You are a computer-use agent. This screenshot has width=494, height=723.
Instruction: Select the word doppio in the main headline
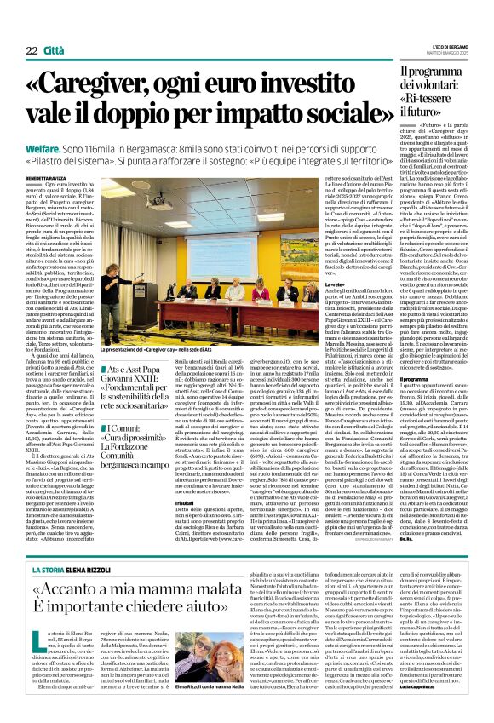(153, 114)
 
